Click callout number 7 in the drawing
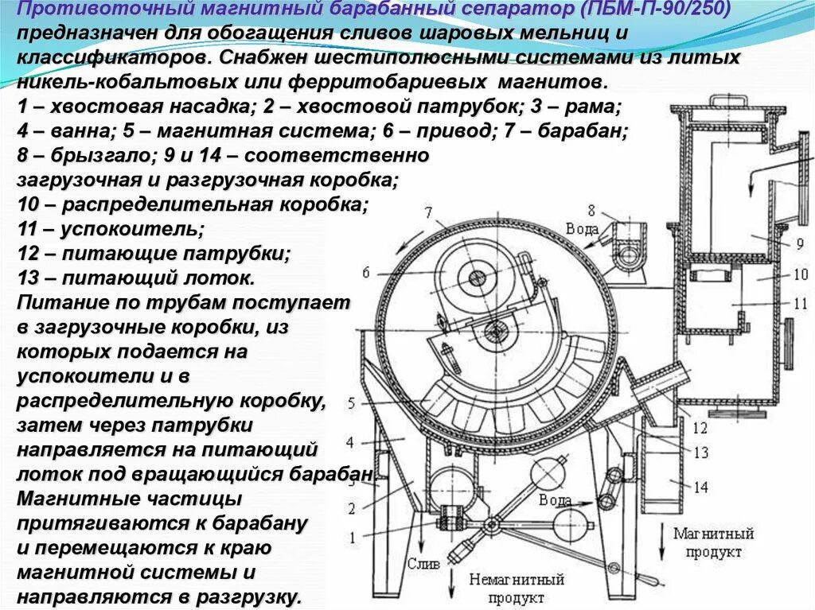tap(427, 212)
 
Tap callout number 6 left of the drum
tap(365, 273)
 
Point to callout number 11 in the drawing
tap(799, 303)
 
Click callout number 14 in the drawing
tap(701, 488)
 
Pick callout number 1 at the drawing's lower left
tap(351, 538)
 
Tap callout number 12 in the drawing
tap(700, 429)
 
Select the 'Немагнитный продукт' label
tap(517, 588)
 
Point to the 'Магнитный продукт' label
tap(713, 542)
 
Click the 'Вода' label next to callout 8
tap(582, 229)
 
